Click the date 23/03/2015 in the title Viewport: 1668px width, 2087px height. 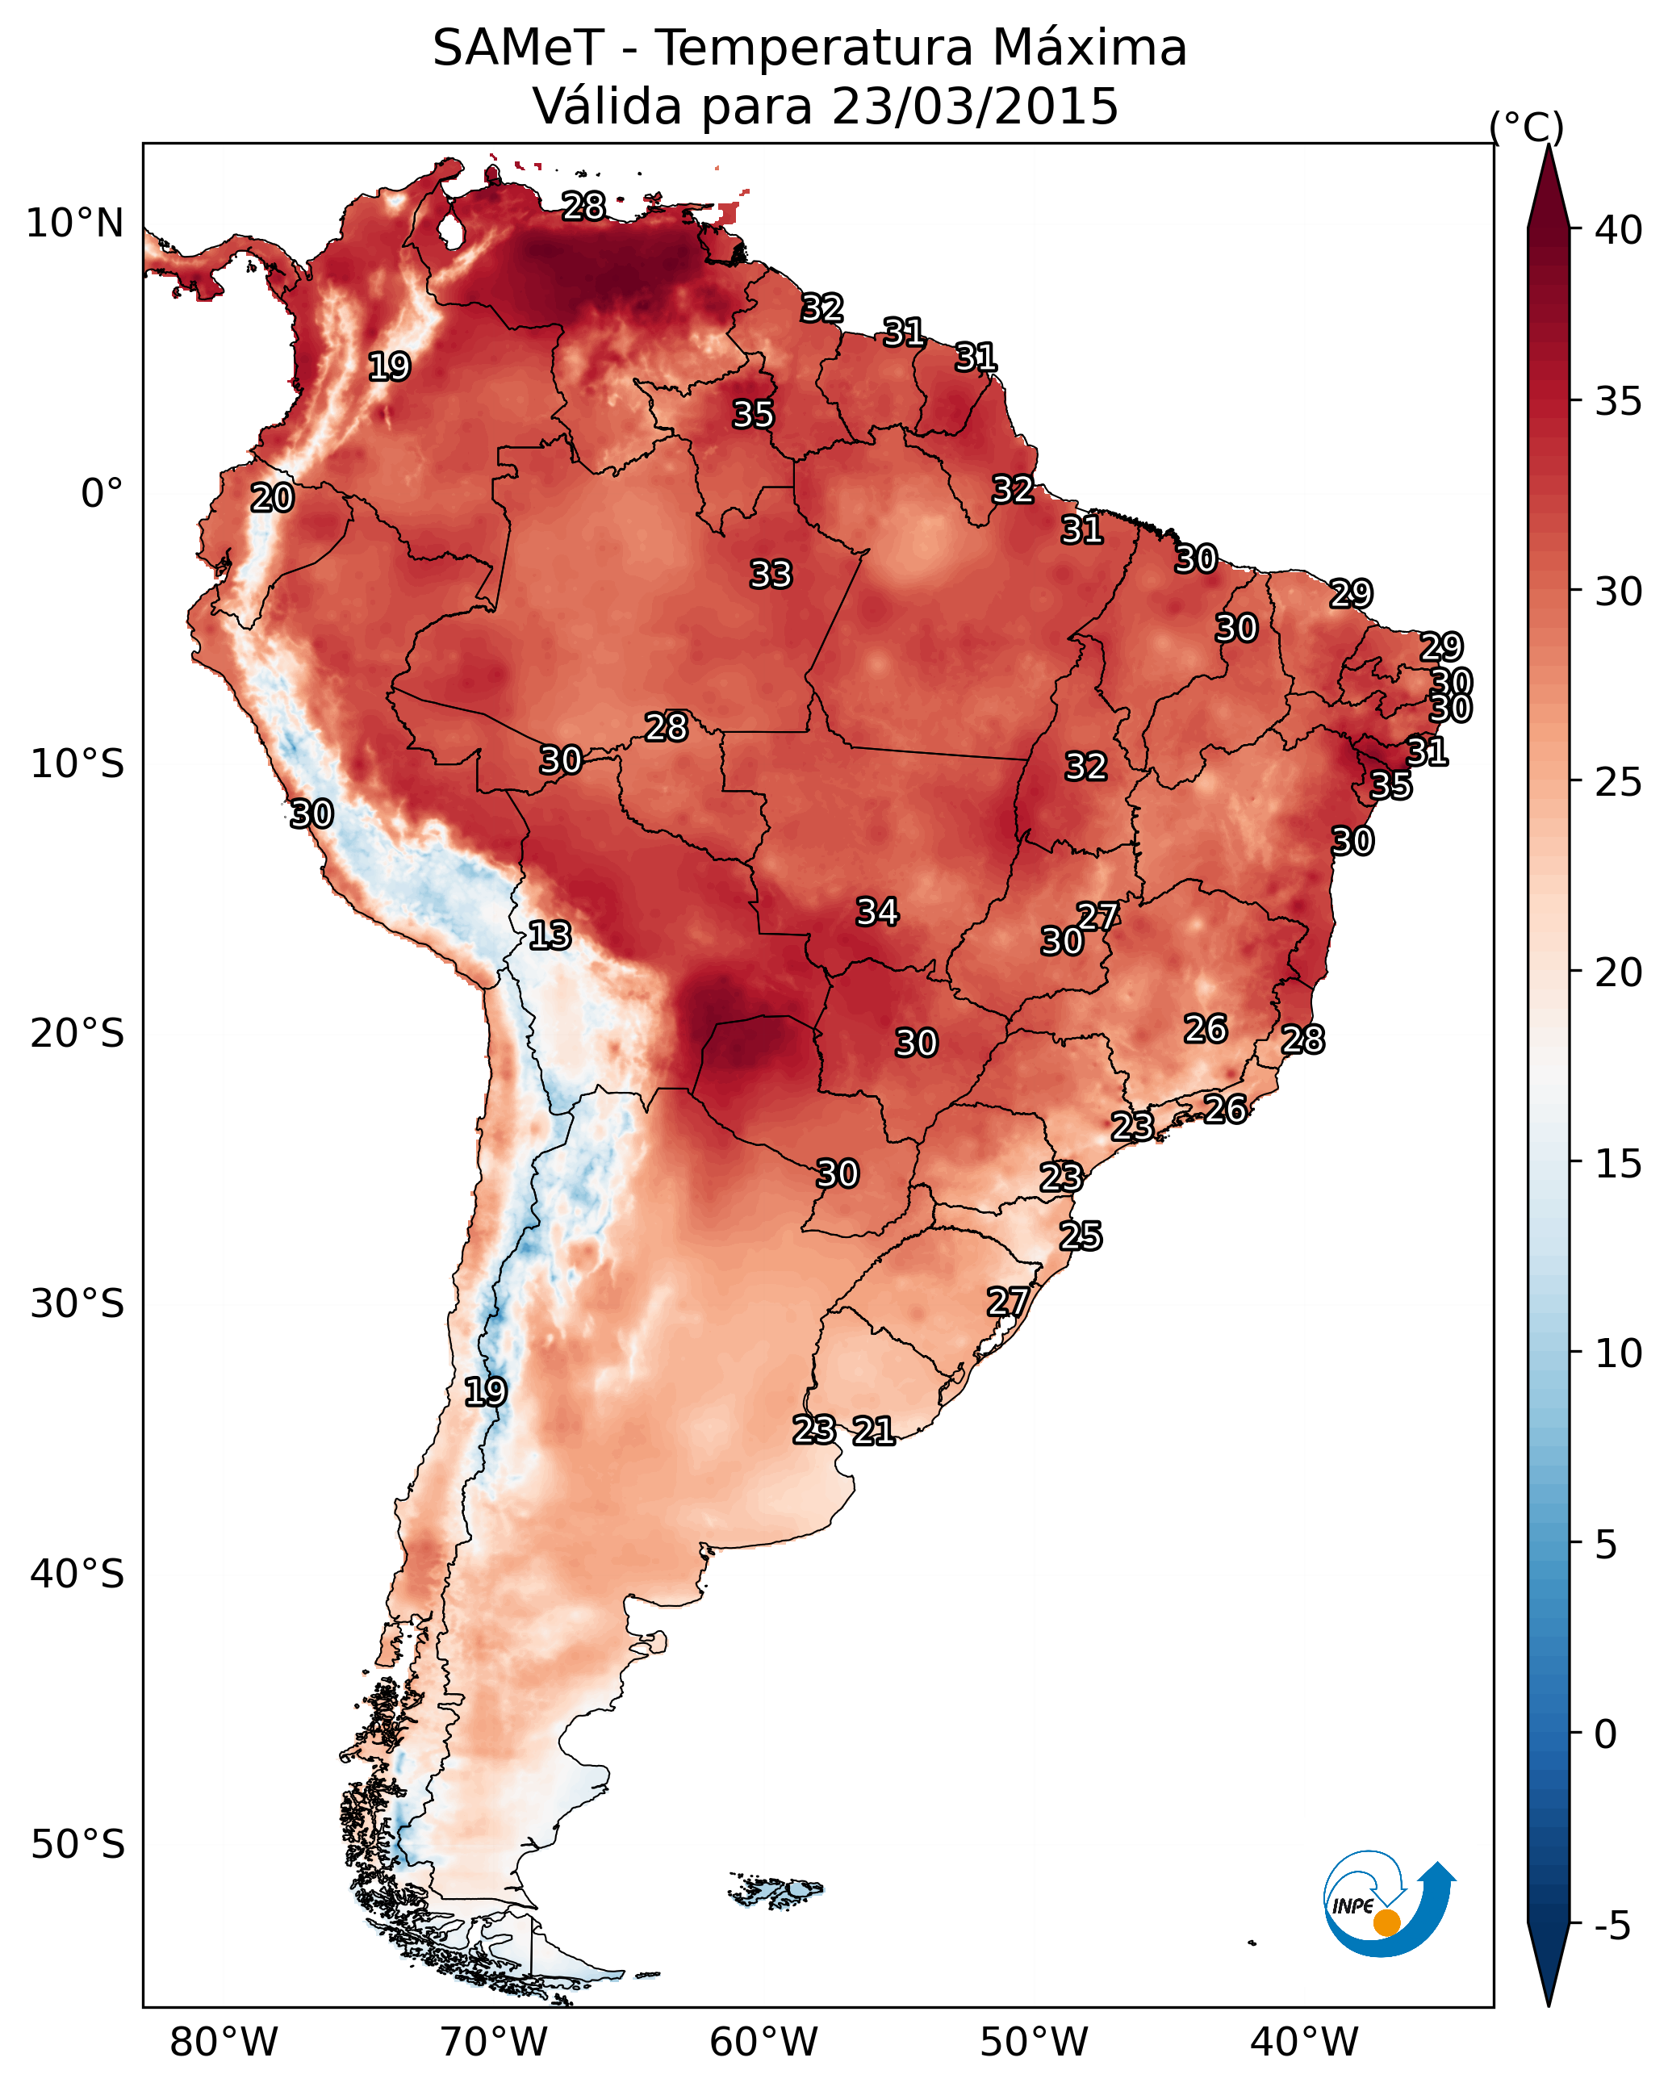click(974, 107)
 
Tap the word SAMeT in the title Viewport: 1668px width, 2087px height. click(518, 48)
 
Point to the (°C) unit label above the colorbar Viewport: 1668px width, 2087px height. click(1527, 127)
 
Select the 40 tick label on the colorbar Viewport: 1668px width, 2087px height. click(1619, 230)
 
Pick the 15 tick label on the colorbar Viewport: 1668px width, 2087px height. click(1619, 1164)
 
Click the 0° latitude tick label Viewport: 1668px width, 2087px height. click(102, 494)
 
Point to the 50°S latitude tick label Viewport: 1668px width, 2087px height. click(77, 1845)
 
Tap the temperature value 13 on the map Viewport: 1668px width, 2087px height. click(550, 935)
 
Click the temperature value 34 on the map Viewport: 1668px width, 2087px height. click(878, 911)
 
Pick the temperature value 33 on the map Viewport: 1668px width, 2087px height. click(771, 574)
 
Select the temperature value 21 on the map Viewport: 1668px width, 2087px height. click(874, 1431)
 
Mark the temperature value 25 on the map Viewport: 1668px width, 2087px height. click(1081, 1236)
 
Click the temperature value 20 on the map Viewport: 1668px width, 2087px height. click(273, 498)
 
